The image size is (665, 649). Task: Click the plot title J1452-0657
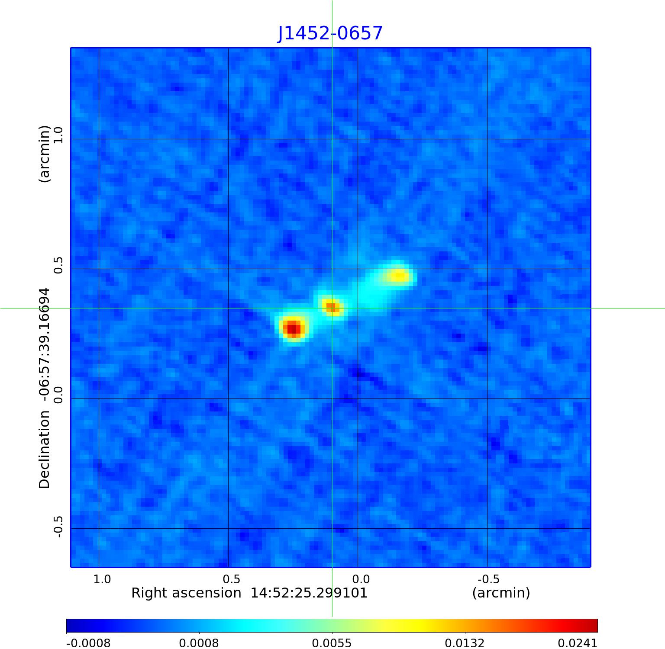330,33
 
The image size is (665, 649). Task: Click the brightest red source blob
293,328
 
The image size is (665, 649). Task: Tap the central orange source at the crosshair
331,307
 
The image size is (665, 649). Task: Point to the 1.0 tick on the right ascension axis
102,579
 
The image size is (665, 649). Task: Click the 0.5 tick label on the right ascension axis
231,579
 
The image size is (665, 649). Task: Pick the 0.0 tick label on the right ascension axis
361,579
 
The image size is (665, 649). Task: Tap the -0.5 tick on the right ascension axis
488,579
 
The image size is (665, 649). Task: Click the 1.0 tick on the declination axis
58,135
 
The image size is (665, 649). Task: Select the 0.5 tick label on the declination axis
58,265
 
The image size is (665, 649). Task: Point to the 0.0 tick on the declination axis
58,395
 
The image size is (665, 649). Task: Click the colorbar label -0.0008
88,643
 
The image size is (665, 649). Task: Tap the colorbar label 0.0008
199,643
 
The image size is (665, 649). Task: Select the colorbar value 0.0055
332,643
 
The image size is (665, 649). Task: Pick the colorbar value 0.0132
465,643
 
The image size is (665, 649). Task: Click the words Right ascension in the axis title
186,593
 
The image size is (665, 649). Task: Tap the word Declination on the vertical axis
45,450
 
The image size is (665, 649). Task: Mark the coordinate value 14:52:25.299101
309,593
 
